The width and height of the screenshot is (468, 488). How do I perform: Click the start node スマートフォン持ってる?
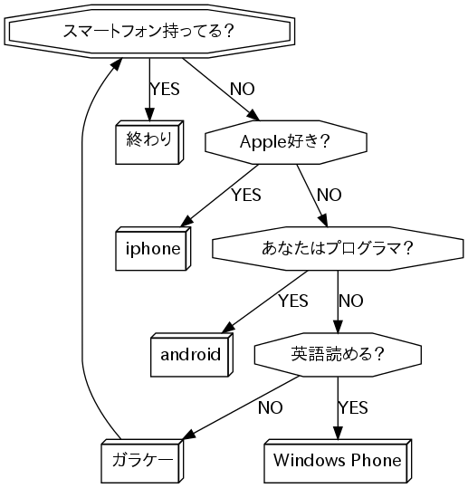point(149,31)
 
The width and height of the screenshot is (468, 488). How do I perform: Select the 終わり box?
point(149,142)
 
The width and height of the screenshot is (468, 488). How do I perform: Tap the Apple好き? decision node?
point(286,142)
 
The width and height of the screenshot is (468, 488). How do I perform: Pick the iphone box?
point(153,249)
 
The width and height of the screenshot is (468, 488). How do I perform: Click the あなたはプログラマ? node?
point(338,249)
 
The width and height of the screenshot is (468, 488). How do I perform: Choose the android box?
point(191,355)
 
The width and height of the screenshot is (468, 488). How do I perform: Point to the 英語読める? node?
point(338,355)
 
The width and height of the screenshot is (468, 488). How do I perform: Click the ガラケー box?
point(142,461)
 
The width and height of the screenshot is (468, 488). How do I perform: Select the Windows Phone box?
point(338,461)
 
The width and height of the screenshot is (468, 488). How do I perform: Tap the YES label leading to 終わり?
point(165,89)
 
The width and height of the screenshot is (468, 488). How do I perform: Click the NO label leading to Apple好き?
point(243,89)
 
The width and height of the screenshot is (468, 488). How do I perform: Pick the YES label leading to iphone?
point(246,196)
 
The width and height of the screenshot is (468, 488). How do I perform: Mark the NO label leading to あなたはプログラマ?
point(330,196)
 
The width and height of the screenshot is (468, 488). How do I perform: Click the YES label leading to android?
point(293,301)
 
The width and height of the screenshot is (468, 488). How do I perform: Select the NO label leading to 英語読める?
point(351,301)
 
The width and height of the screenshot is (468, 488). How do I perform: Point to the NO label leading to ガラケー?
point(271,407)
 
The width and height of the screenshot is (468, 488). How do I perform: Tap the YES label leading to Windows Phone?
point(353,407)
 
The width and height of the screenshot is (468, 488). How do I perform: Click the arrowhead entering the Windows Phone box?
point(338,434)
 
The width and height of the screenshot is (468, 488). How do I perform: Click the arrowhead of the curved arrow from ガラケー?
point(116,64)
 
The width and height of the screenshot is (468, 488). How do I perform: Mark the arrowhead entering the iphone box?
point(187,221)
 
